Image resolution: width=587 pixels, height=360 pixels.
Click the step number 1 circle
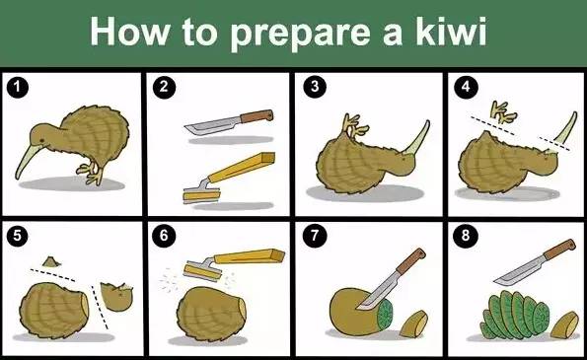17,88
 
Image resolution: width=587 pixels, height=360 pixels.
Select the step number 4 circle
466,87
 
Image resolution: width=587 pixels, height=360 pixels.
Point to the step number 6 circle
164,236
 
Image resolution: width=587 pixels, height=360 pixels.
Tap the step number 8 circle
466,236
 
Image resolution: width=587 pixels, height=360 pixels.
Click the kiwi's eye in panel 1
41,140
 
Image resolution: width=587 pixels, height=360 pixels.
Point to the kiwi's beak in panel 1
26,162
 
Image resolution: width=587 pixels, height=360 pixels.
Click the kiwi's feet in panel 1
90,173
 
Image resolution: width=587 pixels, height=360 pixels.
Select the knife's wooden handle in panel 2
257,116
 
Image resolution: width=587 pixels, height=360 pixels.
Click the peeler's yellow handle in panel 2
242,167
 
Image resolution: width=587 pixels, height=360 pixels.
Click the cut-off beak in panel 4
565,128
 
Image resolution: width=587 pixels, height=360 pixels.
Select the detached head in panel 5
116,296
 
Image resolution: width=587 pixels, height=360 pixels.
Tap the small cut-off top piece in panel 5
51,261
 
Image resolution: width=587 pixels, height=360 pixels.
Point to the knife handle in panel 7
411,261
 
